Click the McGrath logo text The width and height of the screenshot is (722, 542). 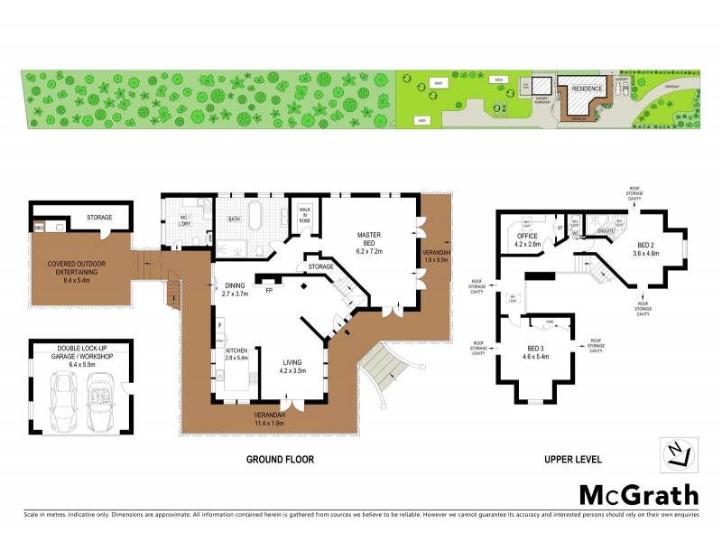pos(638,494)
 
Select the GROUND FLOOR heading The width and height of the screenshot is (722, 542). pos(280,460)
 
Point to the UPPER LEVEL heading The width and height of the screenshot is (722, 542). pos(572,460)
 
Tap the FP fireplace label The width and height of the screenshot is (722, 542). pos(269,291)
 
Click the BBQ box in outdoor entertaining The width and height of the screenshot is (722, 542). pos(39,229)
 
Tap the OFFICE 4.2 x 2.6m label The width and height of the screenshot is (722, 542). pos(526,239)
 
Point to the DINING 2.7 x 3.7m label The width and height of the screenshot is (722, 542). pos(234,289)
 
